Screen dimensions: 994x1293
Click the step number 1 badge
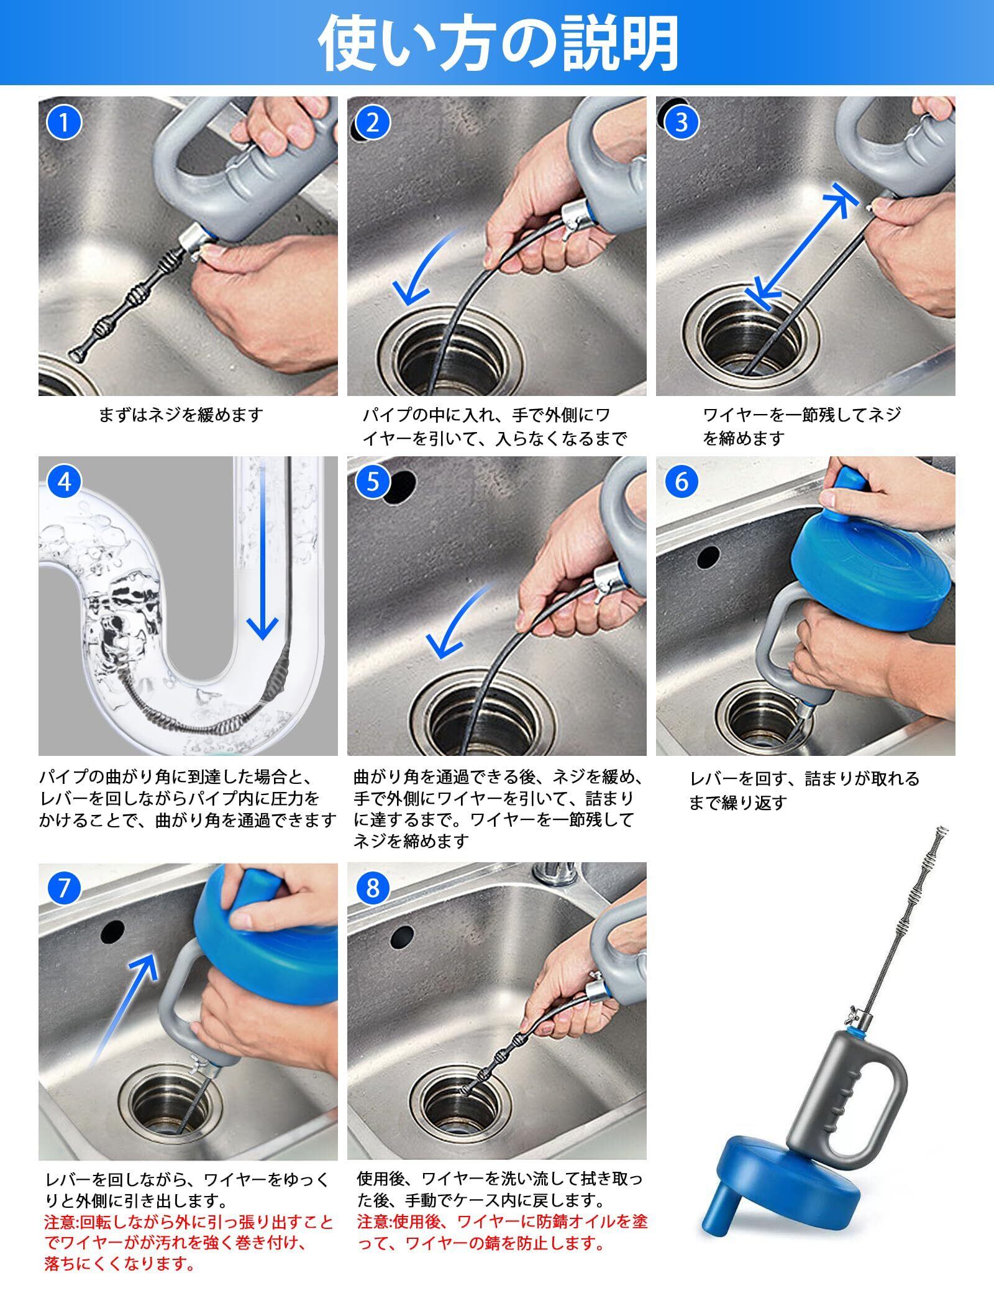(64, 122)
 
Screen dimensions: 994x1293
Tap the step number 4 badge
(64, 482)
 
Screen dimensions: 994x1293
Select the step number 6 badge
(682, 482)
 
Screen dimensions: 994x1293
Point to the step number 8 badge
(373, 888)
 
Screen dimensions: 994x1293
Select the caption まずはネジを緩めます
(181, 415)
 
